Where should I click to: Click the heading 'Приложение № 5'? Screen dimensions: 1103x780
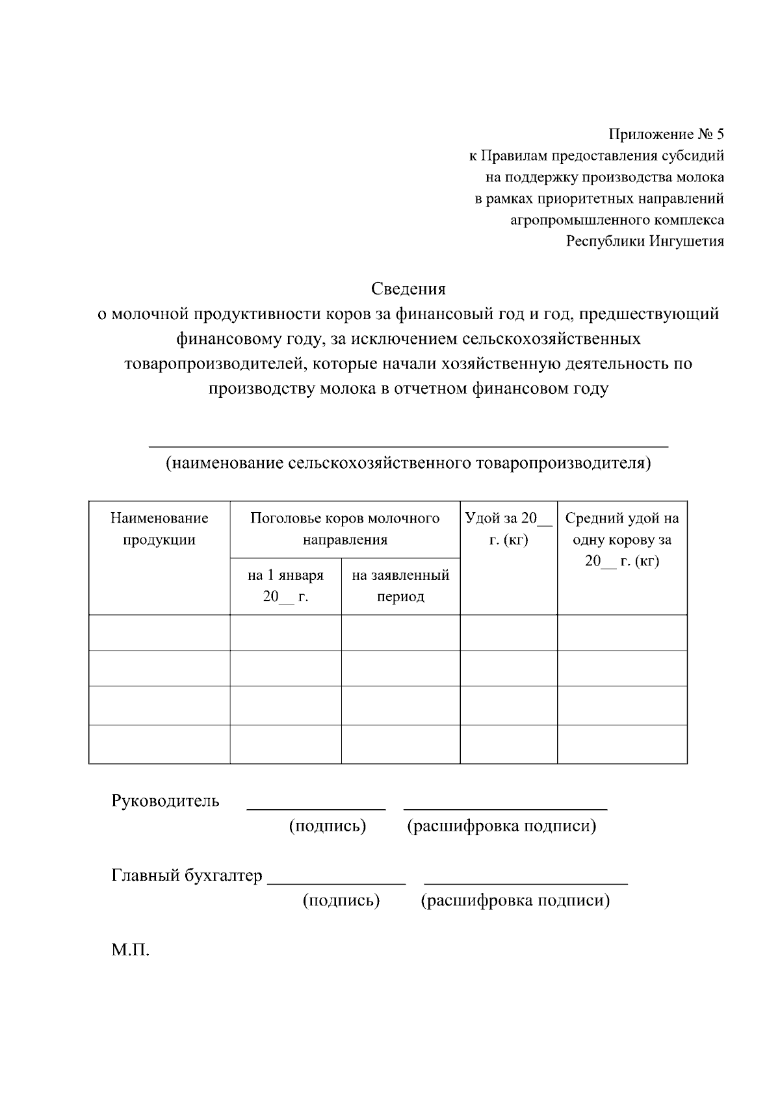[x=666, y=135]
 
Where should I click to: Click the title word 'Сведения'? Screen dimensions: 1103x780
[x=408, y=288]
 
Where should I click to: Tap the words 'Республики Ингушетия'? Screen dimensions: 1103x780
[x=645, y=241]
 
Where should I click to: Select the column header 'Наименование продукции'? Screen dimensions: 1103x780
[x=159, y=528]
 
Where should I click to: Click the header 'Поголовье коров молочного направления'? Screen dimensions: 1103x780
[x=344, y=528]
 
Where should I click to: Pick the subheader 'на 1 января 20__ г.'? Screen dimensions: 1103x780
[x=285, y=586]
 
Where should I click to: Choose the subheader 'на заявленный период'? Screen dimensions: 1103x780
[x=400, y=586]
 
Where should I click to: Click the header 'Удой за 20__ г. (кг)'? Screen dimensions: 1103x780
[x=508, y=528]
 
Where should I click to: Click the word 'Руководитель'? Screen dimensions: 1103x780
[x=165, y=801]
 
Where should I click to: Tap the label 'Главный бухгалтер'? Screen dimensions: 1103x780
[x=187, y=876]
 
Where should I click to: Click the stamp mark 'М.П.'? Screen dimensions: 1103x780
[x=130, y=951]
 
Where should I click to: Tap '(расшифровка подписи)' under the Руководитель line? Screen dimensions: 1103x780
[x=501, y=826]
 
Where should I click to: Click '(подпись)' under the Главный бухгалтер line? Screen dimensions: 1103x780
[x=341, y=901]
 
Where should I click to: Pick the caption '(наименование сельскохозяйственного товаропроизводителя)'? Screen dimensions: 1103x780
[x=408, y=463]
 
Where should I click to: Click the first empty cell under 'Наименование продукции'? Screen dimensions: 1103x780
[x=159, y=632]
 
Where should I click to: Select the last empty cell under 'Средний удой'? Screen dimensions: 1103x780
[x=622, y=744]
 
